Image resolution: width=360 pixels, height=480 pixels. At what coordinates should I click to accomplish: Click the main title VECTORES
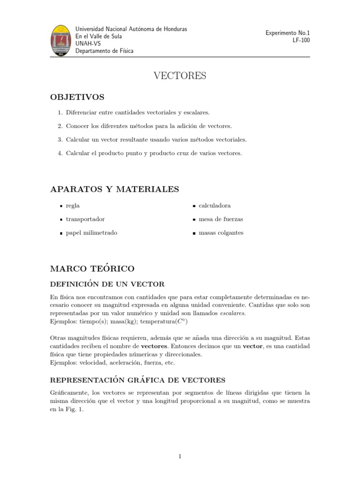[x=180, y=76]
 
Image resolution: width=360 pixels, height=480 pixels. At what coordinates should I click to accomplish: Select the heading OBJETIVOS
[x=77, y=97]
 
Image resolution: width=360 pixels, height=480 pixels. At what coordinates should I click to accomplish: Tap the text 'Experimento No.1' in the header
[x=287, y=33]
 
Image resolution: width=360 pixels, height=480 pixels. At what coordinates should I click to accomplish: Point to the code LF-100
[x=301, y=40]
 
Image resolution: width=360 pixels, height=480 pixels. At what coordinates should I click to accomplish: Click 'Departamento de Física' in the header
[x=104, y=51]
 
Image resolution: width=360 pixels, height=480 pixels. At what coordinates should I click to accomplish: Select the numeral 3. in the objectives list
[x=60, y=140]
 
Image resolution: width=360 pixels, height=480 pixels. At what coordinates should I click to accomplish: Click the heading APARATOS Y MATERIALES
[x=114, y=189]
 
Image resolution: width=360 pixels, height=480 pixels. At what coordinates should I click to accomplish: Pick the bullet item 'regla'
[x=73, y=206]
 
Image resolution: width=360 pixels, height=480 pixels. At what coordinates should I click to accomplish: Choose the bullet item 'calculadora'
[x=214, y=206]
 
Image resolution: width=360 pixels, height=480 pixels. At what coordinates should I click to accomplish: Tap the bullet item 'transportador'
[x=85, y=219]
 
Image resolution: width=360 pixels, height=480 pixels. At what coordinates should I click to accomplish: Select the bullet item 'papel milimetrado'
[x=91, y=233]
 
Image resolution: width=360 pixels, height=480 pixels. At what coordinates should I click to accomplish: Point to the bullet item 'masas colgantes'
[x=221, y=233]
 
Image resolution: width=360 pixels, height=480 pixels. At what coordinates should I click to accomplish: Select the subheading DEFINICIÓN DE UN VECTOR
[x=107, y=285]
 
